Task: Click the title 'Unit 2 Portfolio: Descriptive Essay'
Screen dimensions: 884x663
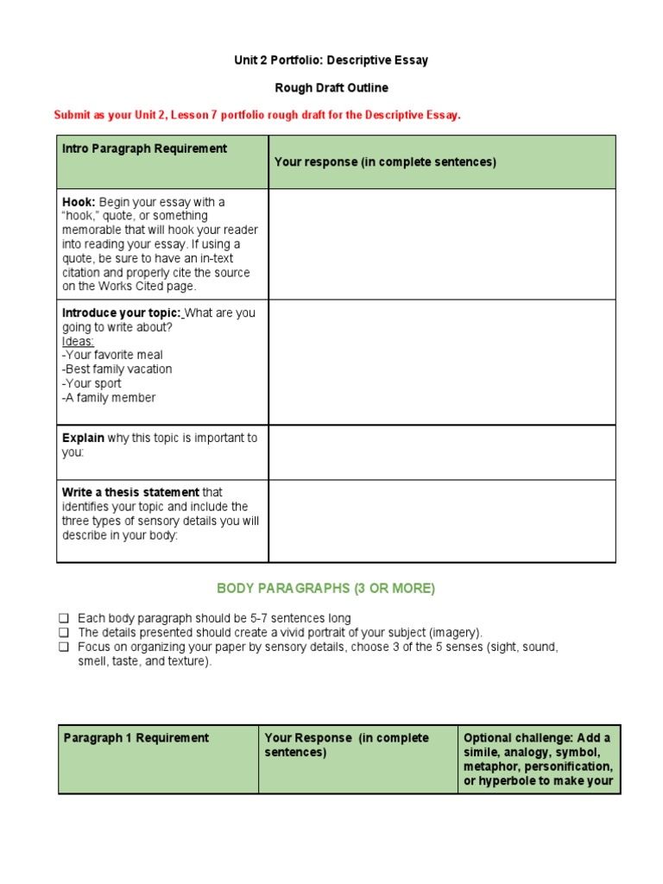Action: tap(331, 60)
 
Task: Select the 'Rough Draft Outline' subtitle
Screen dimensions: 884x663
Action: tap(331, 88)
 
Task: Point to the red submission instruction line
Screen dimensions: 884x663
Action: tap(257, 116)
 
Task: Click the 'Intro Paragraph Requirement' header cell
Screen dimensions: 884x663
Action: tap(144, 148)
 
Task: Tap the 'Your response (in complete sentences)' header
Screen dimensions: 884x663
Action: tap(385, 162)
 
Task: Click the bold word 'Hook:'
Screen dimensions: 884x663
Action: tap(79, 202)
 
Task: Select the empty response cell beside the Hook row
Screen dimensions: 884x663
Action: tap(442, 244)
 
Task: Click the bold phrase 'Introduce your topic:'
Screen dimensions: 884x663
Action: tap(121, 313)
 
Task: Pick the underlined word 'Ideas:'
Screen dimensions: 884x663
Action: tap(79, 341)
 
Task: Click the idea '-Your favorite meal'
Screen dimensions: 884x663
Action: tap(112, 355)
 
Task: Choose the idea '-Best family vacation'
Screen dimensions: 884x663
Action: tap(117, 369)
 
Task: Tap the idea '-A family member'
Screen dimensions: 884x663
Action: tap(109, 398)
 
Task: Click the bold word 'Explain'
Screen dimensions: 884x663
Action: tap(83, 438)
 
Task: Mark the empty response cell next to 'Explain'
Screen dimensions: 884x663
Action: tap(442, 452)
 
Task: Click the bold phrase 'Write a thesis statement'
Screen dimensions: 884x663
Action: tap(130, 492)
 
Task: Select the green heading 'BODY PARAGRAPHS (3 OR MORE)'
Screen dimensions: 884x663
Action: tap(326, 589)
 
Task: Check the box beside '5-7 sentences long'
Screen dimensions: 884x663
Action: tap(64, 618)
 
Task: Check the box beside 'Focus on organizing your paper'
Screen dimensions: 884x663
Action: tap(64, 647)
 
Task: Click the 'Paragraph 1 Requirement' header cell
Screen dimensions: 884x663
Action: tap(136, 738)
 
